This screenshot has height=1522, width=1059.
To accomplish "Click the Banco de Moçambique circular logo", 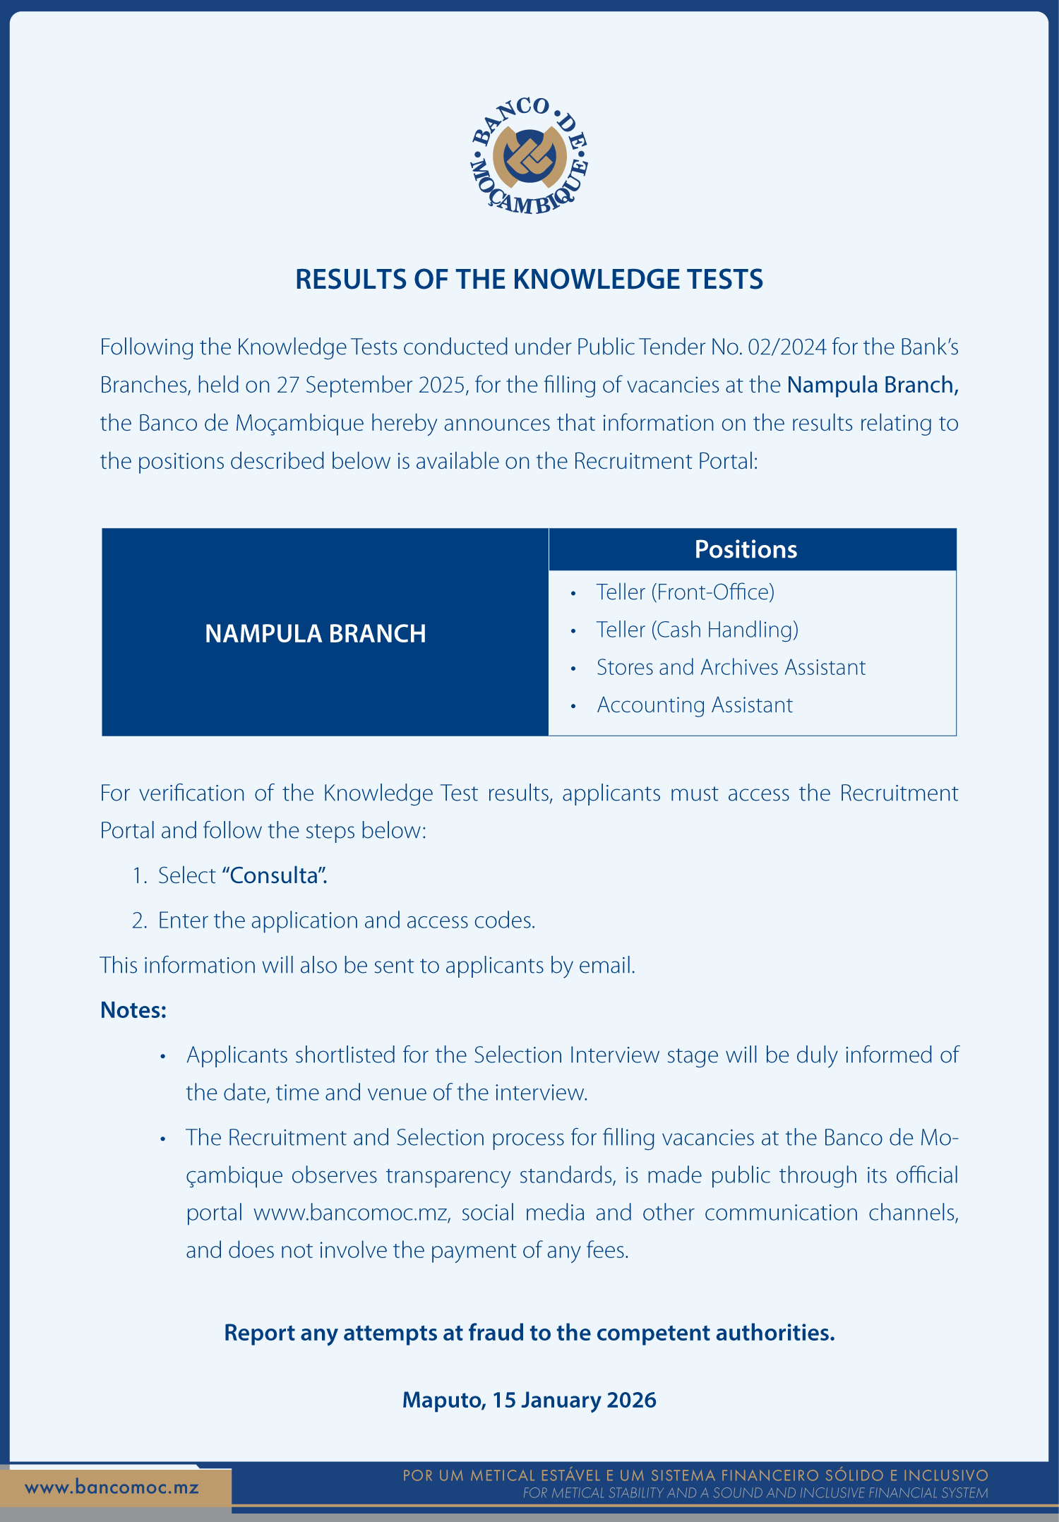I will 529,155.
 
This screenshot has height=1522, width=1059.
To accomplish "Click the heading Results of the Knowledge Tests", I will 529,280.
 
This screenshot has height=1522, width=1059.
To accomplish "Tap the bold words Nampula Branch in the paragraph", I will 872,385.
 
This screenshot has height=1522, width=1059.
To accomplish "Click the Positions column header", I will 746,549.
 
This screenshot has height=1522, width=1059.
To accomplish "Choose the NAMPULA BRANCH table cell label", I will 316,634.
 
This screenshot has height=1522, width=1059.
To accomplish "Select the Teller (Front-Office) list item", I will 685,592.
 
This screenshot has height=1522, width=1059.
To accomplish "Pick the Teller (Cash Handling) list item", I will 697,630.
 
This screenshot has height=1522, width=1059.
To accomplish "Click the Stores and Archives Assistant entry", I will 731,667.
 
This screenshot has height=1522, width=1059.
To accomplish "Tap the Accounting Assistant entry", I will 695,705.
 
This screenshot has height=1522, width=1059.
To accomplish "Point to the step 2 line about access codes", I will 346,921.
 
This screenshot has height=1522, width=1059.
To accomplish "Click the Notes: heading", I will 133,1010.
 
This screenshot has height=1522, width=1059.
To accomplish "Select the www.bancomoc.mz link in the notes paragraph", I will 351,1213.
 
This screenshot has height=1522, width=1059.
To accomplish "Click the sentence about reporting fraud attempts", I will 529,1333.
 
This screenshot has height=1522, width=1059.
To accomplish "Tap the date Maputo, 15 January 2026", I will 529,1400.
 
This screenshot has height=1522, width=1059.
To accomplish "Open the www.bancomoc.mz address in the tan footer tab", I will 112,1487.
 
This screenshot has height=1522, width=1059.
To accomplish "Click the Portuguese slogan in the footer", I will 695,1475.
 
